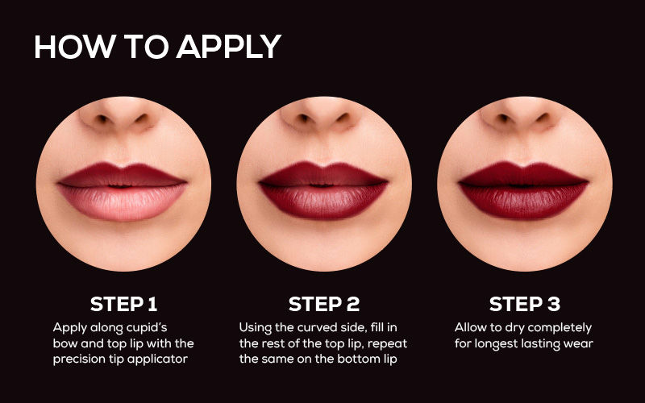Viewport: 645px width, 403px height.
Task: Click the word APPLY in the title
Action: coord(229,47)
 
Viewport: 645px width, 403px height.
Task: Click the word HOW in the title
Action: coord(75,47)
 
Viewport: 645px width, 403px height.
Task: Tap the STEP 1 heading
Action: coord(124,305)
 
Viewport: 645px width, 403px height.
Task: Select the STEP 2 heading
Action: coord(324,305)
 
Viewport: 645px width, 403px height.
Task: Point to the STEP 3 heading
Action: coord(525,305)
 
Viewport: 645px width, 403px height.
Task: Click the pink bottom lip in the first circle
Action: coord(123,203)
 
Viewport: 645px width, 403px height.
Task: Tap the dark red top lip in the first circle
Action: coord(123,175)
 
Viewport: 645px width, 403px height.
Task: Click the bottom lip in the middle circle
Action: coord(323,201)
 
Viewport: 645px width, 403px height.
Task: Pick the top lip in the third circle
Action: coord(523,174)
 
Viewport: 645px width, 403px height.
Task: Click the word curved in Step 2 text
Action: coord(315,328)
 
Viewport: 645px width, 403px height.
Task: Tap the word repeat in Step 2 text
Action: coord(388,344)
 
